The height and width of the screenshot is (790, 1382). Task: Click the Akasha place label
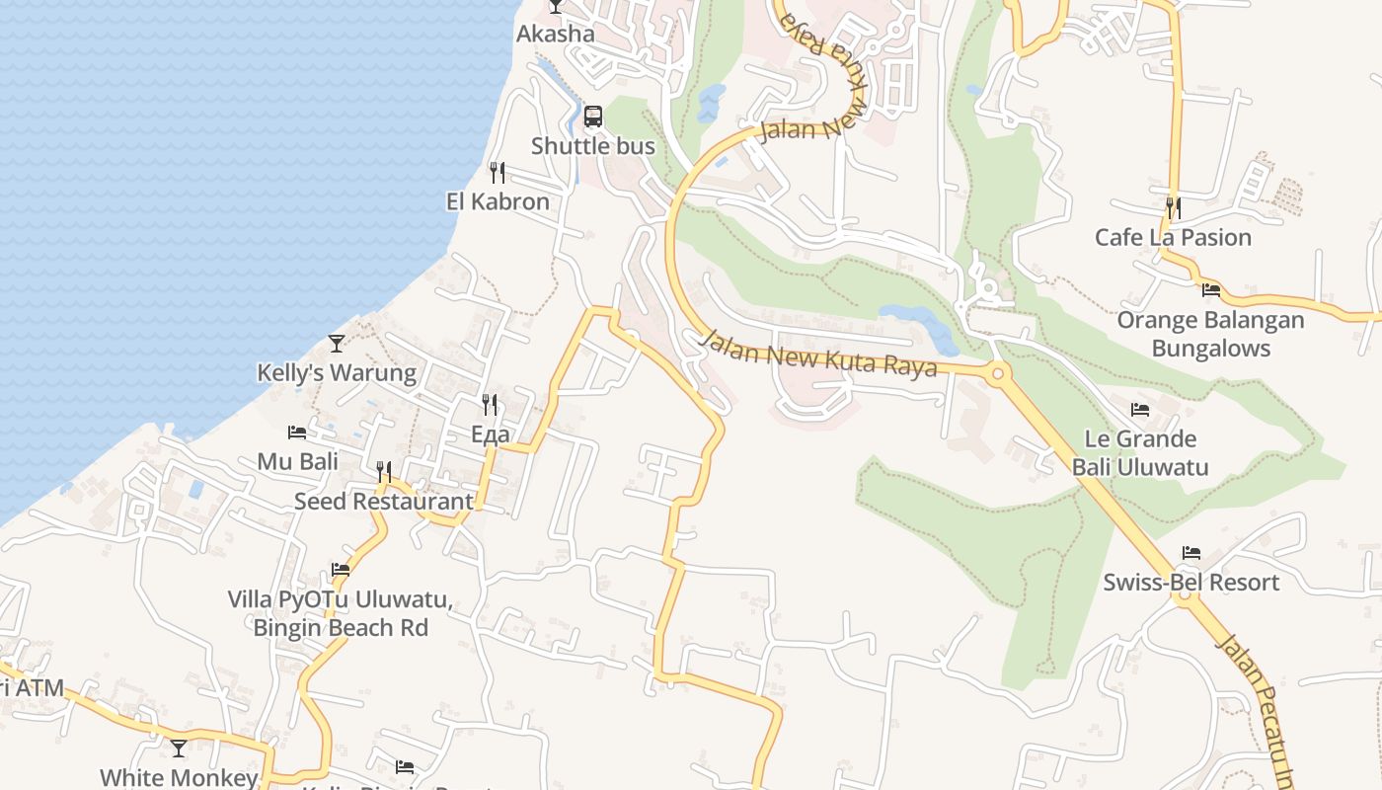pyautogui.click(x=556, y=34)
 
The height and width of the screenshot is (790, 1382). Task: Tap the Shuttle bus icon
pyautogui.click(x=592, y=117)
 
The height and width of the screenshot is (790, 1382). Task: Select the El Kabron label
pyautogui.click(x=498, y=201)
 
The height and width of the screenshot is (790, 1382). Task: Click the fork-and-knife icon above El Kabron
pyautogui.click(x=498, y=173)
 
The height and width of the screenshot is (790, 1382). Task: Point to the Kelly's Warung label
pyautogui.click(x=337, y=373)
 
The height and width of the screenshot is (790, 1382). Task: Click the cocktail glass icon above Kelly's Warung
pyautogui.click(x=337, y=344)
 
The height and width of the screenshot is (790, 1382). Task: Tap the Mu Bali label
pyautogui.click(x=297, y=461)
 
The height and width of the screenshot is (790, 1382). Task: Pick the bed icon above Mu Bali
pyautogui.click(x=297, y=433)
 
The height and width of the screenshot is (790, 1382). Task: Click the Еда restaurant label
pyautogui.click(x=490, y=434)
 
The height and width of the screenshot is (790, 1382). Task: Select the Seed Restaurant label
pyautogui.click(x=384, y=501)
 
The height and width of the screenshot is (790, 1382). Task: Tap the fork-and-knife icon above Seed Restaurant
pyautogui.click(x=384, y=472)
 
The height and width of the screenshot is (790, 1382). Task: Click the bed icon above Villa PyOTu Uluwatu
pyautogui.click(x=341, y=570)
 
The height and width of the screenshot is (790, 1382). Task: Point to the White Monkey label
pyautogui.click(x=179, y=778)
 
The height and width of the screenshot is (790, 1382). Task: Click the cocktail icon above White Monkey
pyautogui.click(x=179, y=749)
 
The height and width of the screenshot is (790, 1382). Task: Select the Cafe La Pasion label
pyautogui.click(x=1173, y=237)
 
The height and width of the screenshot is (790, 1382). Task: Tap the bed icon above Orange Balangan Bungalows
pyautogui.click(x=1211, y=290)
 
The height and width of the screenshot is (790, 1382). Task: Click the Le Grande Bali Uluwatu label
pyautogui.click(x=1140, y=452)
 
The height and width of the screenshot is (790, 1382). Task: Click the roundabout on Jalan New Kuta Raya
pyautogui.click(x=997, y=373)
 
